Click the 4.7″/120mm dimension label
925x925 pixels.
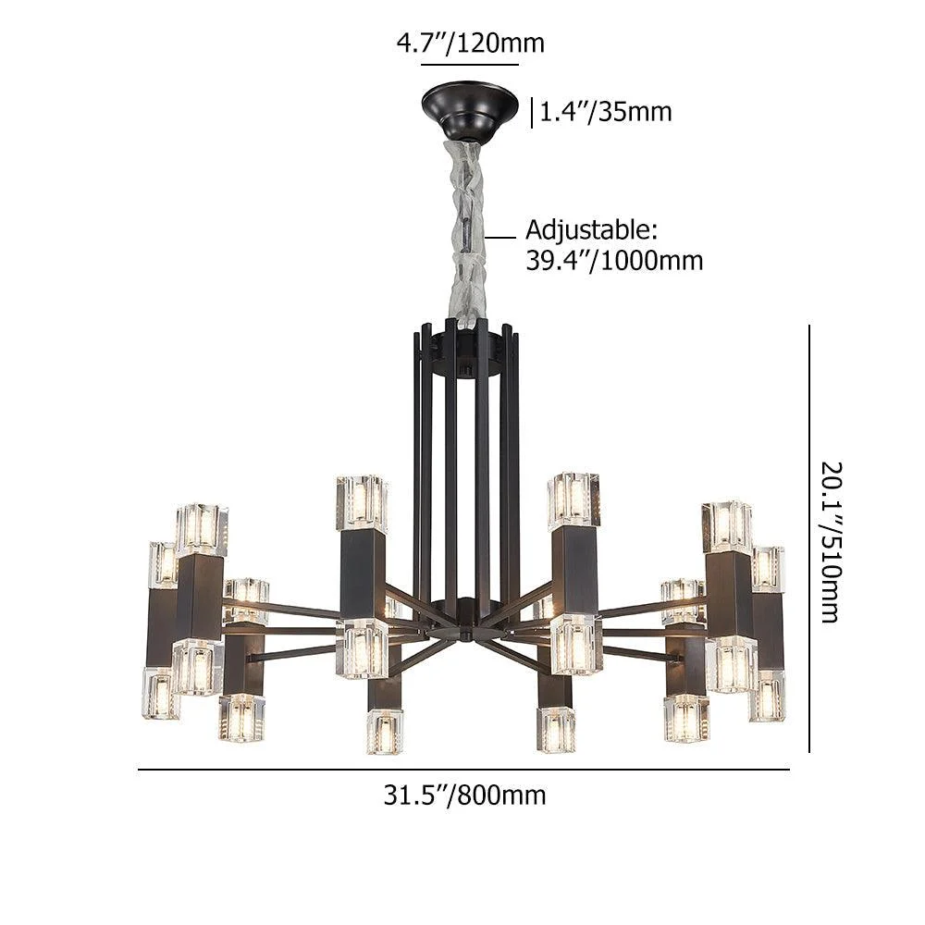[470, 43]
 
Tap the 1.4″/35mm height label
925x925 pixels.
[606, 112]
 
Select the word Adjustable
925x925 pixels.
[591, 230]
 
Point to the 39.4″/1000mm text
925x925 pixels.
[614, 260]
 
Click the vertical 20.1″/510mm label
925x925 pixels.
[832, 542]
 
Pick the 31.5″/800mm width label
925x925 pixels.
[465, 795]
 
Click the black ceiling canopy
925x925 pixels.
[470, 110]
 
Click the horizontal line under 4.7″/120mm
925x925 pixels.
[470, 65]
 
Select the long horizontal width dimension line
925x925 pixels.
[463, 770]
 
